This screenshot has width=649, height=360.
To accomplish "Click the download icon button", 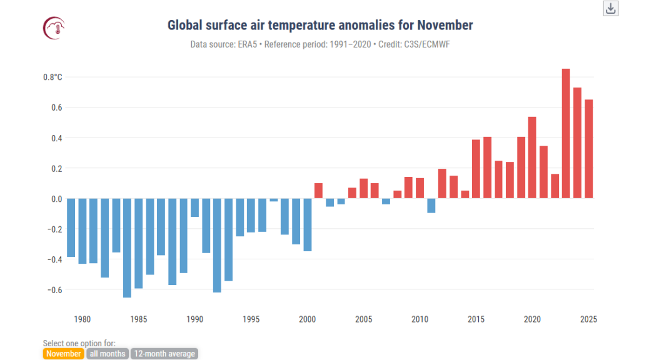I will pos(611,8).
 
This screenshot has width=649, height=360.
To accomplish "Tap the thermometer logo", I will pos(54,27).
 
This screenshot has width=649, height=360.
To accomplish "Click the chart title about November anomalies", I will pos(320,26).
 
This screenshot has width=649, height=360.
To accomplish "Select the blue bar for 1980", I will pos(82,231).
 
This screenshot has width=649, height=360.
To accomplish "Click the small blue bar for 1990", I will pos(194,207).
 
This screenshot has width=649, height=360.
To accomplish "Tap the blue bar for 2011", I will pos(431,206).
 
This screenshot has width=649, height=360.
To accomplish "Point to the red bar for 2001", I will pos(318,191).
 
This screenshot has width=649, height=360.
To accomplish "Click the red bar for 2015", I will pos(476,169).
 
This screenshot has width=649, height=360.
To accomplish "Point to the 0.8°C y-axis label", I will pos(53,77).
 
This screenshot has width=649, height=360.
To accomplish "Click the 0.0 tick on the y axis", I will pos(56,199).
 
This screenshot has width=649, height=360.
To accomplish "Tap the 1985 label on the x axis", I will pos(138,319).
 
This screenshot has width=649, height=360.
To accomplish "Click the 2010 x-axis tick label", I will pos(420,319).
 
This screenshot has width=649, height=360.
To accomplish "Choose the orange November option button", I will pos(63,354).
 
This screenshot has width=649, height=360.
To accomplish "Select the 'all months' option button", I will pos(107,354).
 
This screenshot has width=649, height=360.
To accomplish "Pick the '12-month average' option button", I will pos(164,354).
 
